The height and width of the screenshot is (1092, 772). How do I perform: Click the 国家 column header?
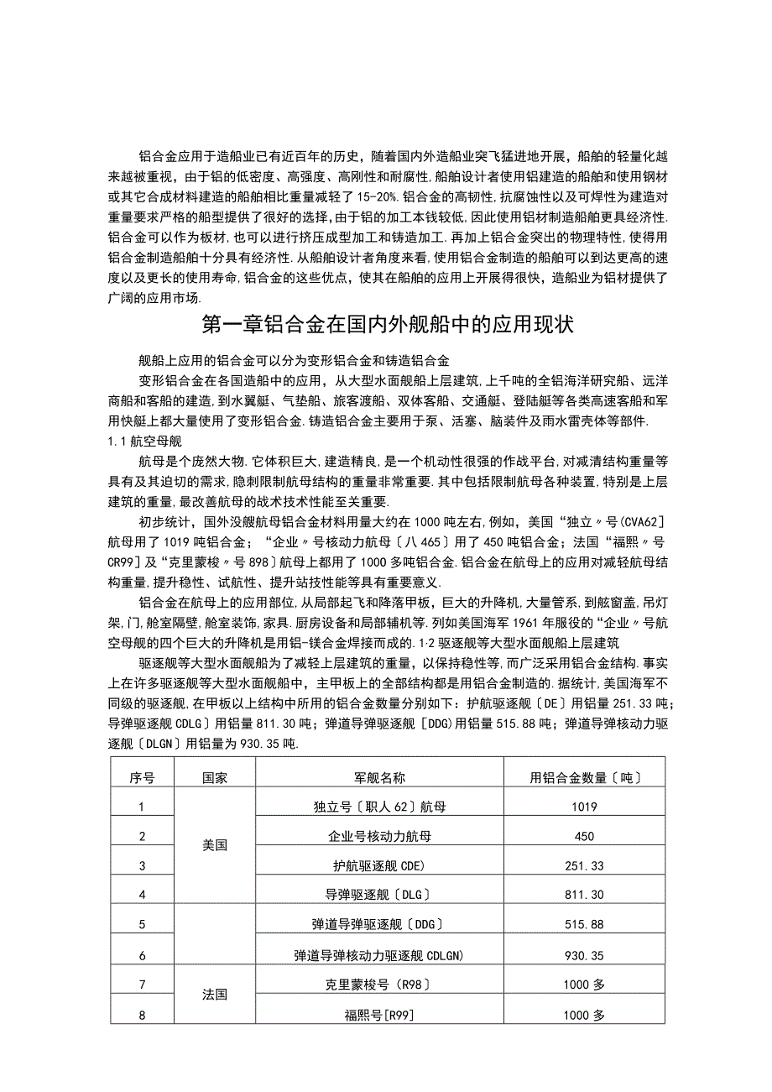215,778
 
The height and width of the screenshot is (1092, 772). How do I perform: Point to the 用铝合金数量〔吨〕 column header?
585,778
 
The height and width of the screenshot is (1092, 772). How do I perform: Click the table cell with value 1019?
585,807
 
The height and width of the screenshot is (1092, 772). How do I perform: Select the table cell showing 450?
585,837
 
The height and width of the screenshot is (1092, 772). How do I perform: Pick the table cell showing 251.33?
585,865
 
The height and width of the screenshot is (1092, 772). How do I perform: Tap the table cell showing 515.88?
585,924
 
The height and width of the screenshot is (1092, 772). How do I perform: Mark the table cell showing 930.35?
585,955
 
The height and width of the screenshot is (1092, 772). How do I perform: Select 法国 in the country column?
215,995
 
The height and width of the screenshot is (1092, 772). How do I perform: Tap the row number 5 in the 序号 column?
142,924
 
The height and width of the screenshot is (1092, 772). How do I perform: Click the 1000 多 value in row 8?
585,1015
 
